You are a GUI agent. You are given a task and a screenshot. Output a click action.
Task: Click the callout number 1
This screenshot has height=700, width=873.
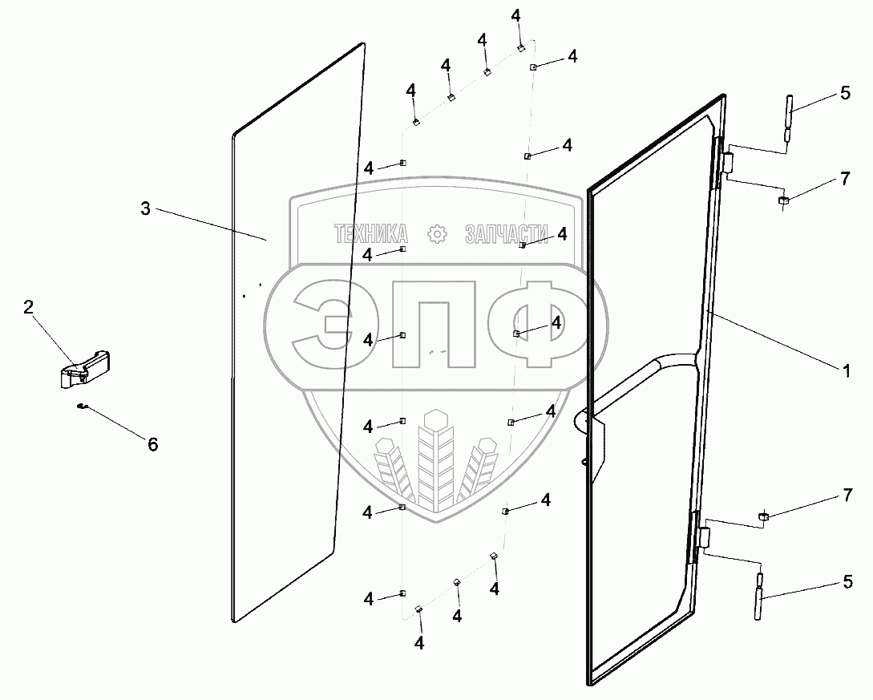[x=845, y=370]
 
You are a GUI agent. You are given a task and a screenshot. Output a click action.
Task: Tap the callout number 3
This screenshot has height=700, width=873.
[x=145, y=208]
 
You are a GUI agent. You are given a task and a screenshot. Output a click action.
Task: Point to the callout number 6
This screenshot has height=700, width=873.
[x=152, y=443]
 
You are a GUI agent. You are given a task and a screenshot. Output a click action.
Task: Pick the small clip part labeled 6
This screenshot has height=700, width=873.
[x=82, y=407]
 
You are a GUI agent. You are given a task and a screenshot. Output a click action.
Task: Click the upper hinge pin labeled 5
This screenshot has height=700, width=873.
[x=788, y=119]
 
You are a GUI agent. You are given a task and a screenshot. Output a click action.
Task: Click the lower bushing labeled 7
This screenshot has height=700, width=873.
[x=764, y=517]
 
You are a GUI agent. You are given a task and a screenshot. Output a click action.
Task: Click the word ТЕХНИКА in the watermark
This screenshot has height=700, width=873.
[x=371, y=234]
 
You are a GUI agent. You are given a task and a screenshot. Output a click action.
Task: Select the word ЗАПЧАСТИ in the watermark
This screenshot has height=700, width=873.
[x=507, y=234]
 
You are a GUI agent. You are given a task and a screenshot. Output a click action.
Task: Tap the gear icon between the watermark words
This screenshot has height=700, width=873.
[x=437, y=234]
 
